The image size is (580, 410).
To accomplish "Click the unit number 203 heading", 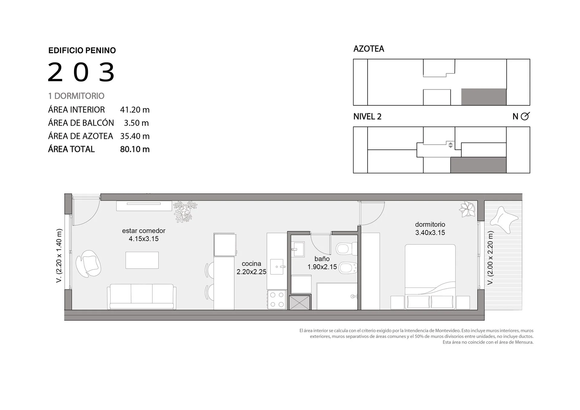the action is (81, 72).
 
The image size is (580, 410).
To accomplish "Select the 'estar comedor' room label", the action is (143, 231).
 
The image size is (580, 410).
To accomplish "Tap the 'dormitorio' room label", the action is (430, 224).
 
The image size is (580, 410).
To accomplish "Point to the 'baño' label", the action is (322, 259).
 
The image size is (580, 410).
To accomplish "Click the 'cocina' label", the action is (251, 264).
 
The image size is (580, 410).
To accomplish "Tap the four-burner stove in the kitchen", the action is (277, 299).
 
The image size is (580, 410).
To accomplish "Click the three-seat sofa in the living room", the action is (142, 296).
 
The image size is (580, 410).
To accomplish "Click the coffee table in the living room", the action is (142, 260).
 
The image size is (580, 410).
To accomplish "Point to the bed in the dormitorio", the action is (430, 277).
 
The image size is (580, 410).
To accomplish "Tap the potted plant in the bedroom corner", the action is (467, 209).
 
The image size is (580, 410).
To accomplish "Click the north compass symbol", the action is (525, 116).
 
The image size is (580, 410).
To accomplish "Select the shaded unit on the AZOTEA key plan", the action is (484, 97).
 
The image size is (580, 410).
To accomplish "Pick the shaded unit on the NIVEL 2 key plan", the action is (478, 165).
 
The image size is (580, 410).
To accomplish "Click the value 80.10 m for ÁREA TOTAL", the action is (135, 149).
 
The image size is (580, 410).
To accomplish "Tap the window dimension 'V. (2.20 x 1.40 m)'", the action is (59, 256).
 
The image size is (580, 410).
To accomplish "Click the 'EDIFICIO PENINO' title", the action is (82, 50).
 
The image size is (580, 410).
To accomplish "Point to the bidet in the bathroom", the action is (348, 267).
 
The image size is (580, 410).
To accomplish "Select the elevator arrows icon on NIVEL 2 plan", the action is (450, 145).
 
